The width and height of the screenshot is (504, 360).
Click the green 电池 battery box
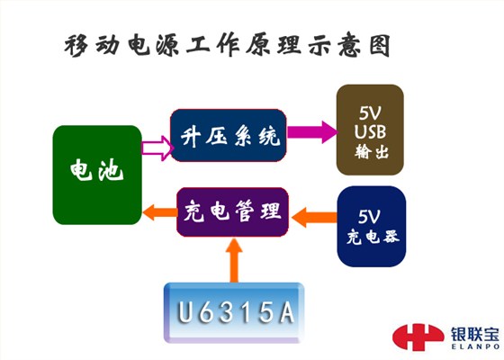tap(97, 175)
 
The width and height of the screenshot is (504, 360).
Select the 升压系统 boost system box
tap(229, 135)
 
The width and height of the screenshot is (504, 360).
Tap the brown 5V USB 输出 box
tap(370, 130)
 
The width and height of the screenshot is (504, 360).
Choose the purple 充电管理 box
tap(232, 212)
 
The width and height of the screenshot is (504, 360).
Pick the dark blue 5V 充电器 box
tap(371, 226)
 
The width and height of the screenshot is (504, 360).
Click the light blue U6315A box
tap(234, 312)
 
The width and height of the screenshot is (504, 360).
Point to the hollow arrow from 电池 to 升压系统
tap(157, 148)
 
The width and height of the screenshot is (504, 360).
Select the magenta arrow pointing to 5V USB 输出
tap(311, 131)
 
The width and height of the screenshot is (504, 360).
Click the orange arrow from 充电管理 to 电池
tap(160, 212)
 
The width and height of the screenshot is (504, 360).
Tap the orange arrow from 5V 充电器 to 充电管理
tap(314, 217)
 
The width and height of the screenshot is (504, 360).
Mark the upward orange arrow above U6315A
tap(234, 260)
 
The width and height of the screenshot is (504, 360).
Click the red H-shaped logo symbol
tap(418, 337)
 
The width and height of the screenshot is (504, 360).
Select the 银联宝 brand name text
tap(474, 335)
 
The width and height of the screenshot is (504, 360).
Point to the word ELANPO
tap(475, 346)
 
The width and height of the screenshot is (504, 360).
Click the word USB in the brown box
tap(370, 131)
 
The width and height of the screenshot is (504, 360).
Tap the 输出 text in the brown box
tap(372, 151)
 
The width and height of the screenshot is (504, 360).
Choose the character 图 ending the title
tap(380, 45)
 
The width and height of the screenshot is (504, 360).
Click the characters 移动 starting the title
tap(92, 46)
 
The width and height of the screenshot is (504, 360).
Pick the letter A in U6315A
tap(287, 312)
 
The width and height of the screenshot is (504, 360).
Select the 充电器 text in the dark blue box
tap(373, 238)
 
